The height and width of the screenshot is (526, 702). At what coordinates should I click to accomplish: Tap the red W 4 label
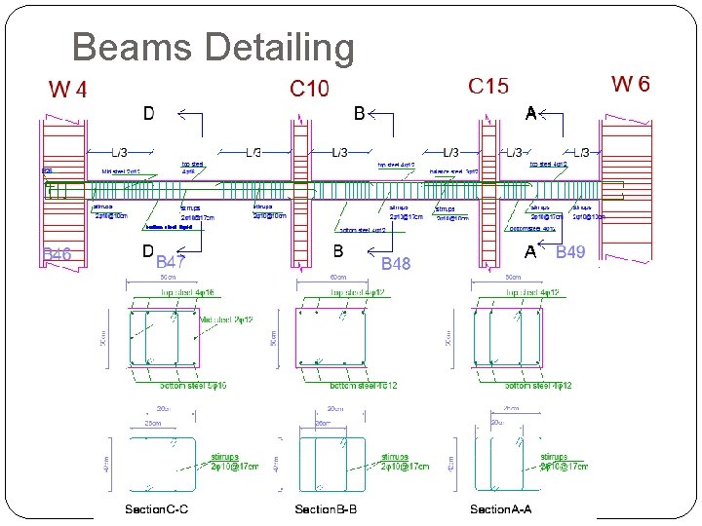(68, 91)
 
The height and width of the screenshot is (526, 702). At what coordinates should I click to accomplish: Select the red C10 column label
(309, 89)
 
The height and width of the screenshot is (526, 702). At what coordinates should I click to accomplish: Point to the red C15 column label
(488, 86)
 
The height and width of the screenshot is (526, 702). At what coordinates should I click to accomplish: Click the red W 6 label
(630, 84)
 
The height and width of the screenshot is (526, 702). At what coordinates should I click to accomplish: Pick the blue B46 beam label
(57, 256)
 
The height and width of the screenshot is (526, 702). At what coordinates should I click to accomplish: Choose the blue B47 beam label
(172, 262)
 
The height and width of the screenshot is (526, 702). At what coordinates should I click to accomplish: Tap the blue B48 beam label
(396, 264)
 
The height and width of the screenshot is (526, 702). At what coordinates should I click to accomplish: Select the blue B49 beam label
(570, 253)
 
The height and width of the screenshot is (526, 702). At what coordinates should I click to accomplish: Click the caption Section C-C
(156, 509)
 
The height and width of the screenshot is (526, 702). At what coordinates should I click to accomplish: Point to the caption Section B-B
(331, 509)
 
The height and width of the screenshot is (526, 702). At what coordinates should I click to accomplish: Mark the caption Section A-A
(501, 509)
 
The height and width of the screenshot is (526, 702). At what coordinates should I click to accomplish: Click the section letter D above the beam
(148, 114)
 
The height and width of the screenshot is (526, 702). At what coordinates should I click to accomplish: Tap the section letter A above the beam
(530, 113)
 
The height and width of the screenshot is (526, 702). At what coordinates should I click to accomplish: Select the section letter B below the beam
(338, 251)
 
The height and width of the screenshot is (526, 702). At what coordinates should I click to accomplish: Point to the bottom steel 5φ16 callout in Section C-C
(193, 387)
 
